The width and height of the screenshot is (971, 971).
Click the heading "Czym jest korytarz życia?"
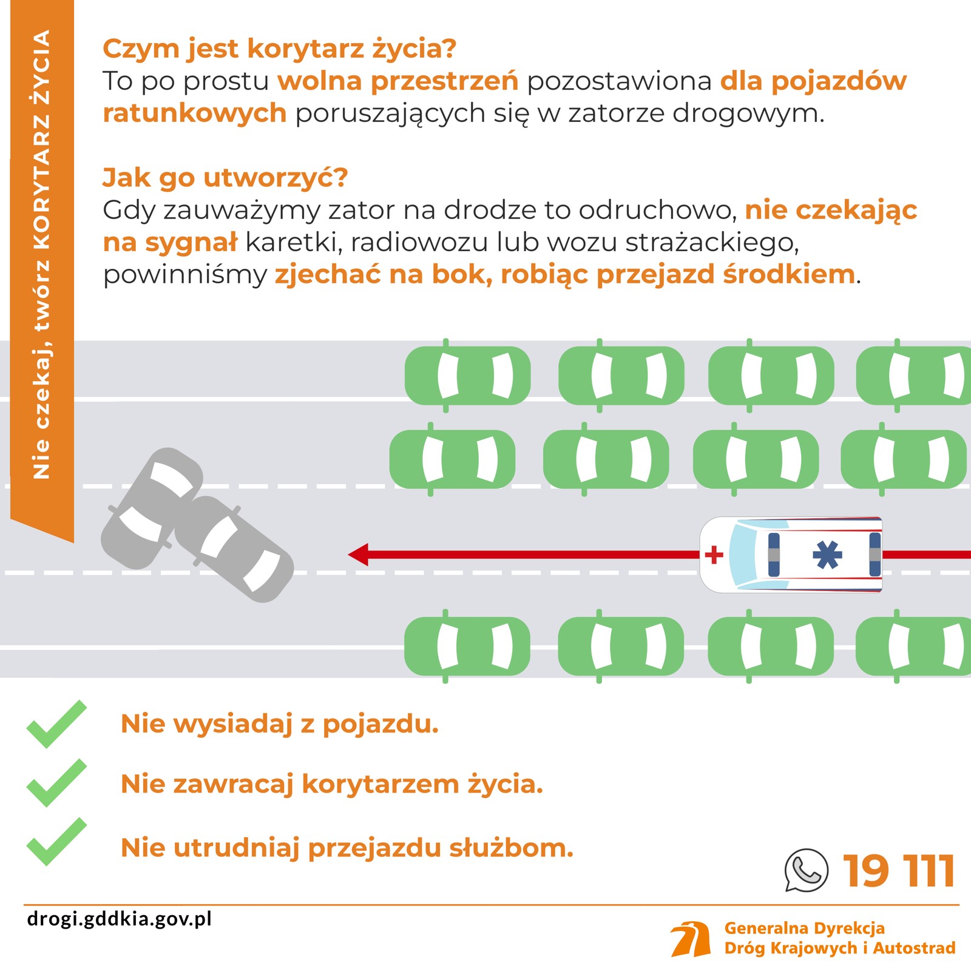click(x=279, y=49)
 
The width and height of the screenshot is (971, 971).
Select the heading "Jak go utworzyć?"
click(x=225, y=178)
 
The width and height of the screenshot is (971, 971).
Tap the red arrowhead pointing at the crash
click(x=359, y=555)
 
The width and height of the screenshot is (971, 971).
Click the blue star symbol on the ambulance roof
click(x=828, y=555)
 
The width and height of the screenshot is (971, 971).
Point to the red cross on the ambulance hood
click(x=714, y=555)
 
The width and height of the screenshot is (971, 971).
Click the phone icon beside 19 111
click(x=806, y=870)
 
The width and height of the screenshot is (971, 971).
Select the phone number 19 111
click(x=899, y=871)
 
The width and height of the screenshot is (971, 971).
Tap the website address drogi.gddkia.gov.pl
click(x=120, y=918)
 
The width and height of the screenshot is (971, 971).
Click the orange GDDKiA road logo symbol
click(x=691, y=939)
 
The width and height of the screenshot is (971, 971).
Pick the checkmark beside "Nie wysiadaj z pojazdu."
click(x=56, y=724)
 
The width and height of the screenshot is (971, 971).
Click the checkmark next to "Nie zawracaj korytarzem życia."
click(x=56, y=783)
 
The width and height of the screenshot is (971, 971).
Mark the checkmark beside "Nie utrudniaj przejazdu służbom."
click(x=56, y=842)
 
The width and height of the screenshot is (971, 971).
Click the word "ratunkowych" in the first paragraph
click(x=194, y=113)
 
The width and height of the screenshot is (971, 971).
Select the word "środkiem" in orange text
click(x=788, y=275)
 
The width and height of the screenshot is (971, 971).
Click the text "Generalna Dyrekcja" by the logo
click(x=804, y=928)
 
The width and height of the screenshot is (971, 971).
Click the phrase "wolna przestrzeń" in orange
click(x=398, y=81)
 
